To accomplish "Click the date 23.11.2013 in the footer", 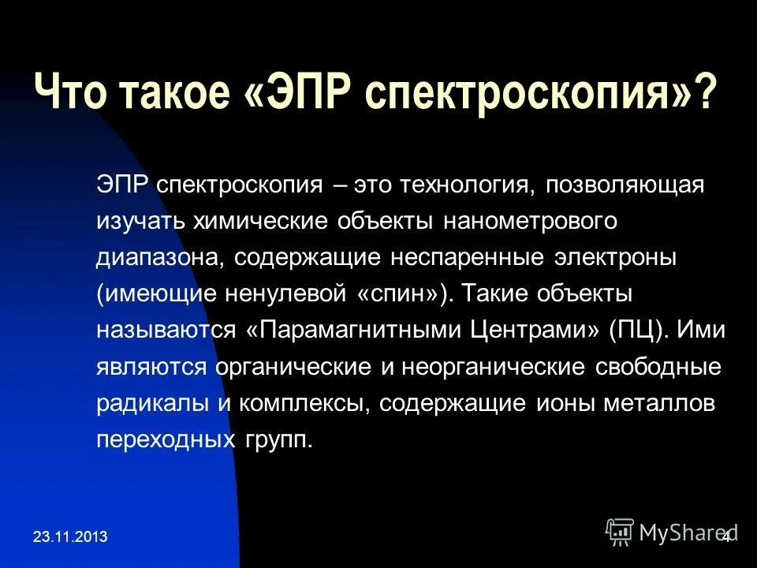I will coord(71,538).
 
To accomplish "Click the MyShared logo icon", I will coord(619,531).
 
